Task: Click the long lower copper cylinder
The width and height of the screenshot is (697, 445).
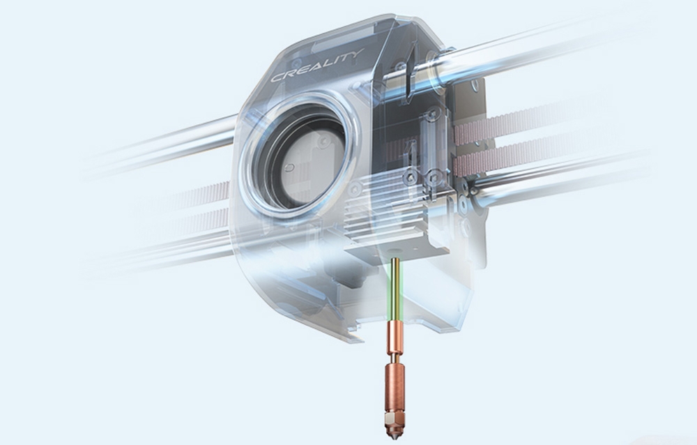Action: tap(393, 386)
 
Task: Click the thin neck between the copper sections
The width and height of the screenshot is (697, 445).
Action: tap(394, 356)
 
